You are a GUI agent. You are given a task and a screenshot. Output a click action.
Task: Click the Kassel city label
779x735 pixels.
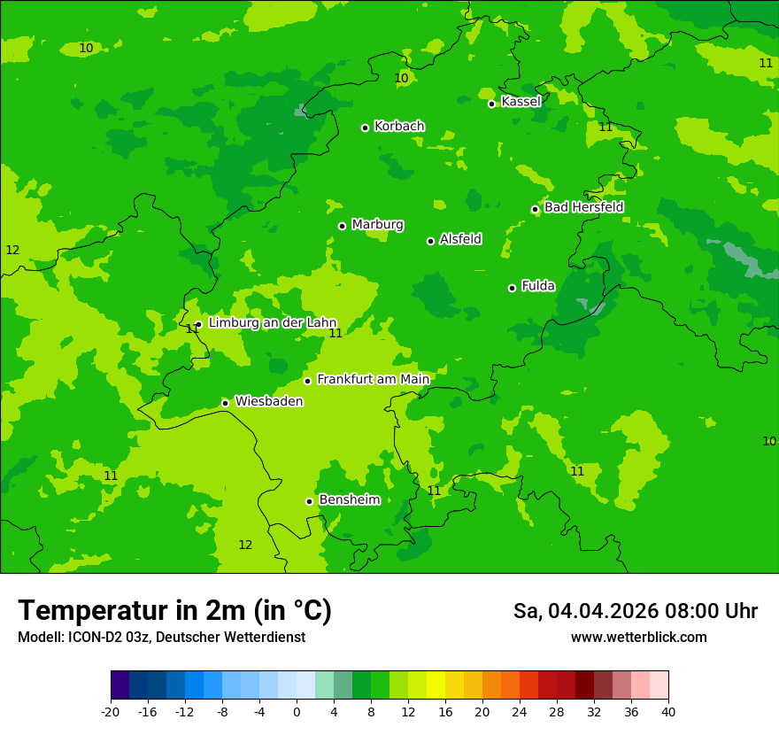521,102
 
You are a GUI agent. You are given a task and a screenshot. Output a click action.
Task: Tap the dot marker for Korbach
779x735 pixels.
365,128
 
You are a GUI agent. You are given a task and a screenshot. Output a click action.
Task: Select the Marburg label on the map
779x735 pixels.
377,225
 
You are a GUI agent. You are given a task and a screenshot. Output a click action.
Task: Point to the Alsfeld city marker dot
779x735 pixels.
431,241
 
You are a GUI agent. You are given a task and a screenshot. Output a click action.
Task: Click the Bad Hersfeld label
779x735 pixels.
583,207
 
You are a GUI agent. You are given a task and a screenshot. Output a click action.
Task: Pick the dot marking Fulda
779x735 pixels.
512,288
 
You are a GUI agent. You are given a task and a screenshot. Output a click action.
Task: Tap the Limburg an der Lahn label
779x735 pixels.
272,323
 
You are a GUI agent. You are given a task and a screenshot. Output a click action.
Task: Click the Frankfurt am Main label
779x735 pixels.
373,379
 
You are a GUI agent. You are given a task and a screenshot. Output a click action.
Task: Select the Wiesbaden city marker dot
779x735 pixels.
226,403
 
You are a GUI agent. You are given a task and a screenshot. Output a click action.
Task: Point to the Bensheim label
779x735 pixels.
349,499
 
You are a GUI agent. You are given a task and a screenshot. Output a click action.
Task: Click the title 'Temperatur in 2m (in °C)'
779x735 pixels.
174,610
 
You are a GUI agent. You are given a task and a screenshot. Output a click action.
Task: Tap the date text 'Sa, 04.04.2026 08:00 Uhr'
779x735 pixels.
635,611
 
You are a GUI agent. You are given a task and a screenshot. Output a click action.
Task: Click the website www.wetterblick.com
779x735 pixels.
638,638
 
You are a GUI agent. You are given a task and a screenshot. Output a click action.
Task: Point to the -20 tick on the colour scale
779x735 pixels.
111,711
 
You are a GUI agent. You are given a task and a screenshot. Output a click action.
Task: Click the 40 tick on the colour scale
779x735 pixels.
668,711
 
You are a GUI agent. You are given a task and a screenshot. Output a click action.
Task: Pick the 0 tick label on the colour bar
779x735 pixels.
297,711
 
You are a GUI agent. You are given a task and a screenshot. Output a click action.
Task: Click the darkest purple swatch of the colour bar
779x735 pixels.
120,685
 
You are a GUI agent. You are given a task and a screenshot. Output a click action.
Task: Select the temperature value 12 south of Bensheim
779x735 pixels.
245,545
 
